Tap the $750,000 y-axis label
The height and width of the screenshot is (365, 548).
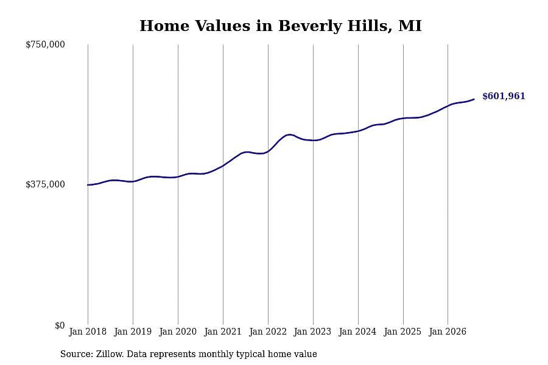coord(45,44)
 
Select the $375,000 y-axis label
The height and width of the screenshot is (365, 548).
coord(45,184)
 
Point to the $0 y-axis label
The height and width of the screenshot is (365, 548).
coord(60,325)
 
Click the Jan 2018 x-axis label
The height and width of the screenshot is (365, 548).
coord(88,332)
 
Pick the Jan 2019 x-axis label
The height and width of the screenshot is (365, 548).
coord(133,332)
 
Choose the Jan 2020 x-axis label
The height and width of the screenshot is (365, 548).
coord(178,332)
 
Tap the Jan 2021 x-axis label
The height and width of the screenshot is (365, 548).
coord(223,332)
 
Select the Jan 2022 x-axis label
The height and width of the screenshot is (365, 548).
coord(268,332)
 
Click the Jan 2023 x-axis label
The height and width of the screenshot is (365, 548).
coord(312,332)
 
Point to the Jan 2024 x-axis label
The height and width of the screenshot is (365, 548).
coord(357,332)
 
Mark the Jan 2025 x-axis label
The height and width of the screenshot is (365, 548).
coord(402,332)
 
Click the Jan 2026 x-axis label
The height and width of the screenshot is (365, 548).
coord(448,332)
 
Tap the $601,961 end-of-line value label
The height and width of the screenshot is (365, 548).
coord(504,96)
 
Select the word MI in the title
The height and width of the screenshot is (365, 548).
coord(410,26)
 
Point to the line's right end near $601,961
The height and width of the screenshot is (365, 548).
coord(474,99)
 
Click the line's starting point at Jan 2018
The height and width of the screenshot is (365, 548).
coord(88,185)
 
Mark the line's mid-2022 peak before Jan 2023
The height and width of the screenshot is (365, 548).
coord(289,134)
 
